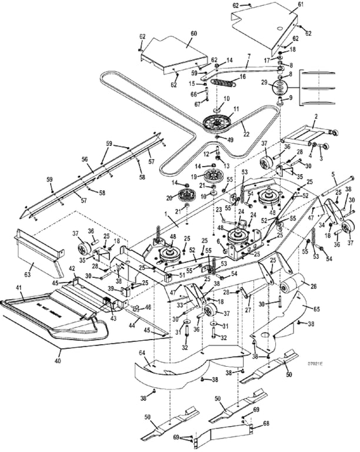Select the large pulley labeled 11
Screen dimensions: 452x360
coord(217,124)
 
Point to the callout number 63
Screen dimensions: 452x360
coord(28,275)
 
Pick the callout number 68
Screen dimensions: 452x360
coord(265,423)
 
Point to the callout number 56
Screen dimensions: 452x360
coord(84,159)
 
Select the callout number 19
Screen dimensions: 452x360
coord(194,177)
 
